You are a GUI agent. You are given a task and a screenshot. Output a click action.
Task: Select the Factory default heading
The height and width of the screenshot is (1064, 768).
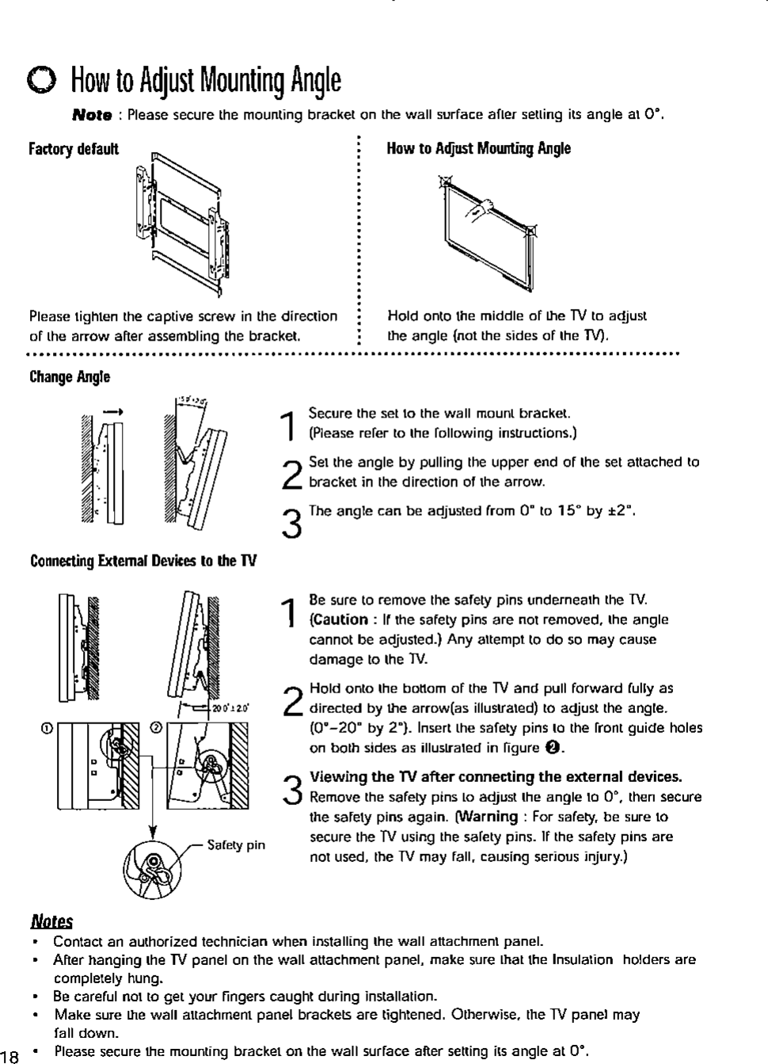[x=73, y=149]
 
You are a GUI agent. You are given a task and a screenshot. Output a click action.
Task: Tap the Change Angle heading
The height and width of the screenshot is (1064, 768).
[x=69, y=376]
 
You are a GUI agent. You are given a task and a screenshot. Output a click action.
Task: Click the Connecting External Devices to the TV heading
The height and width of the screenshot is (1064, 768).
[x=143, y=562]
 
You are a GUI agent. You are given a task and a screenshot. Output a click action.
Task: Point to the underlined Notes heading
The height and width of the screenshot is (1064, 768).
[x=51, y=921]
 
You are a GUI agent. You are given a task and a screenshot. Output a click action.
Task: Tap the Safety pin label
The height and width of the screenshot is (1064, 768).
[x=235, y=845]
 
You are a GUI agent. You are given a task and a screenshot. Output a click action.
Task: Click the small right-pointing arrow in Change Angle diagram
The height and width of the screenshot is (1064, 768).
[x=115, y=411]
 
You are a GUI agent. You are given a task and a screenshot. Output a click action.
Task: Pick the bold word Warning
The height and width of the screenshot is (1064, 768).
[x=485, y=817]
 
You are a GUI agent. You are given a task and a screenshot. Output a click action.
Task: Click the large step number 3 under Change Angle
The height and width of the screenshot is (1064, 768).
[x=291, y=524]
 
